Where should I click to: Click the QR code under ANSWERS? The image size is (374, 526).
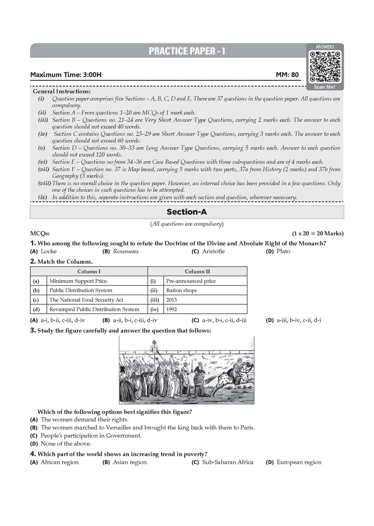[x=325, y=66]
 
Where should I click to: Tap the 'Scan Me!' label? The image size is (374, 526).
[x=325, y=87]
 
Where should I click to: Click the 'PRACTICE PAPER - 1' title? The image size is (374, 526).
[x=187, y=52]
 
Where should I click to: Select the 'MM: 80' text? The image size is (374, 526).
[x=287, y=75]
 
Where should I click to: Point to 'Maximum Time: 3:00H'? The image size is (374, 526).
[x=66, y=75]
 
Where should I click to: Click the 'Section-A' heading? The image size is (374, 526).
[x=187, y=212]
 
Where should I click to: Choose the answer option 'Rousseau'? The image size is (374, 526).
[x=126, y=251]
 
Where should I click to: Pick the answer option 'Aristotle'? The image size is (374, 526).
[x=213, y=251]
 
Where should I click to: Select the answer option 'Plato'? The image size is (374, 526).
[x=283, y=251]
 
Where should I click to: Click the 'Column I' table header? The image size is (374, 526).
[x=89, y=271]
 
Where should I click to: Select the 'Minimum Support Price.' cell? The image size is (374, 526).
[x=79, y=281]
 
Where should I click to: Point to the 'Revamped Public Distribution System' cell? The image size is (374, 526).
[x=94, y=309]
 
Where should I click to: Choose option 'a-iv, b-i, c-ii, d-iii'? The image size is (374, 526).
[x=224, y=320]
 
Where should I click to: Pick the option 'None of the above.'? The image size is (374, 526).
[x=66, y=444]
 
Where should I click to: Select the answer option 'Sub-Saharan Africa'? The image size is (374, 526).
[x=228, y=462]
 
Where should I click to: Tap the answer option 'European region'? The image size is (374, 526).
[x=299, y=462]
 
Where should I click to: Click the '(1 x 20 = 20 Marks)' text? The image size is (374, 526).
[x=318, y=233]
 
